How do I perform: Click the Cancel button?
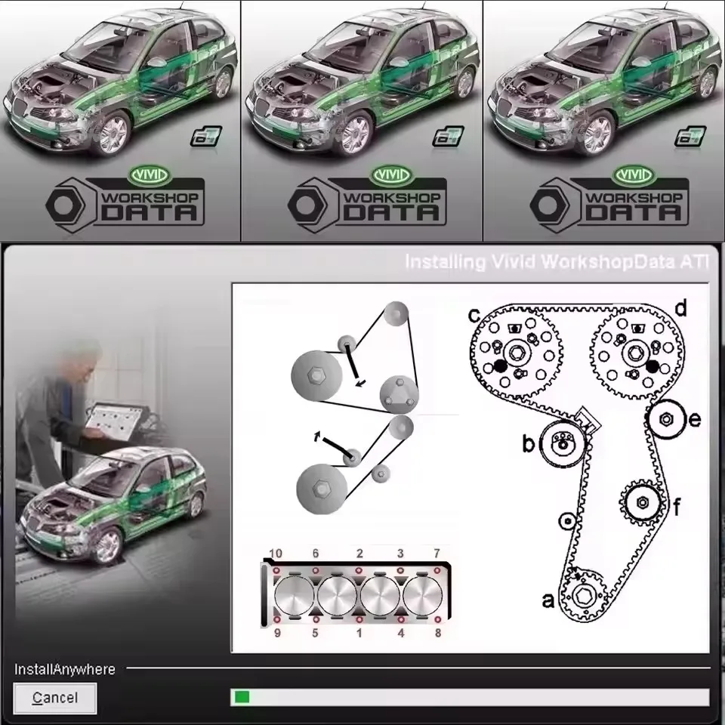(x=55, y=698)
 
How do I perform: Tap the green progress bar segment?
(x=242, y=697)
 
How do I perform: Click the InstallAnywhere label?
(x=65, y=669)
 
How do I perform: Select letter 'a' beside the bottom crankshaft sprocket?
(x=549, y=600)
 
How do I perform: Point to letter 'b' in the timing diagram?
(x=529, y=444)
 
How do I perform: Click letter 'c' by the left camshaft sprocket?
(x=474, y=312)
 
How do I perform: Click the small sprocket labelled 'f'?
(x=641, y=501)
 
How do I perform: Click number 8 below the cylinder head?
(x=437, y=633)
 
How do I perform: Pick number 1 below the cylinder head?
(x=359, y=633)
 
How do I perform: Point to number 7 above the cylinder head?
(x=437, y=554)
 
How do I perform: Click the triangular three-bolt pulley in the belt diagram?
(x=396, y=393)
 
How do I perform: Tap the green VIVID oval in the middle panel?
(x=389, y=175)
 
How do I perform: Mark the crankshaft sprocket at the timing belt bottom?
(x=582, y=594)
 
